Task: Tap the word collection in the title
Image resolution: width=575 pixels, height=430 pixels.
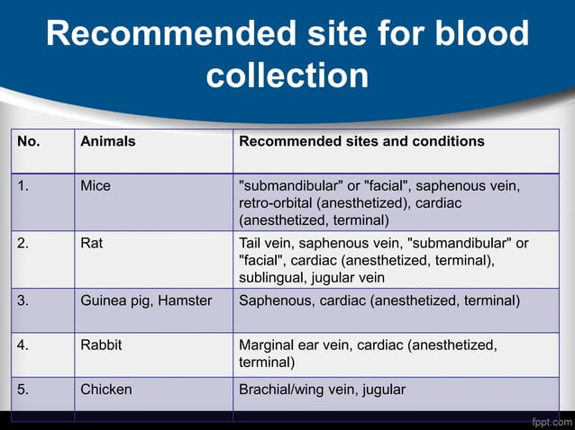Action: point(287,75)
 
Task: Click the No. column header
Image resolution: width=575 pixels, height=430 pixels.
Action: point(29,141)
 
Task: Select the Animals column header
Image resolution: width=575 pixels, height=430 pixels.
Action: point(107,141)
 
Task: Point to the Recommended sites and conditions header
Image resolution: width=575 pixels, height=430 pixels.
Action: point(361,141)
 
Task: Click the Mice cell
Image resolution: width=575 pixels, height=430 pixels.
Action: point(96,186)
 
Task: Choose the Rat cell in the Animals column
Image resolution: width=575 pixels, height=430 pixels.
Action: point(91,243)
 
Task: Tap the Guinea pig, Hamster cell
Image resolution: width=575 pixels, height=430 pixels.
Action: point(146,300)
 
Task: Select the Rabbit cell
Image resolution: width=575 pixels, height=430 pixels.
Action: point(101,344)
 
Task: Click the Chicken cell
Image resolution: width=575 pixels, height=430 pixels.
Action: point(105,390)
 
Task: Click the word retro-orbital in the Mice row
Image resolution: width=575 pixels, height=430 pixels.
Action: point(275,203)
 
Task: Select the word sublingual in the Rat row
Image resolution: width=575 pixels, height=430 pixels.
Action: point(271,277)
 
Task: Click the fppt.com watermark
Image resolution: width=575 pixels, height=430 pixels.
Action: point(550,420)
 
